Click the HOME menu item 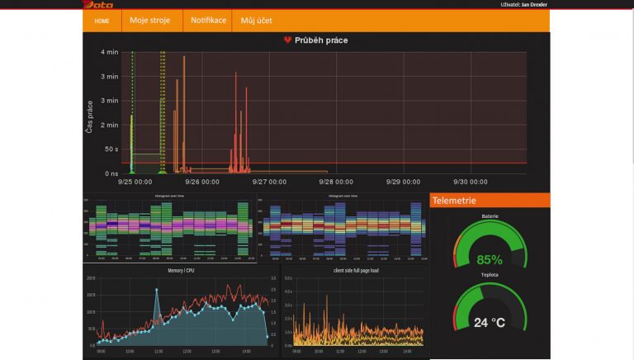click(x=102, y=21)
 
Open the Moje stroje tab click(x=149, y=20)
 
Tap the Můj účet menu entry click(x=256, y=20)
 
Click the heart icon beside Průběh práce click(x=287, y=40)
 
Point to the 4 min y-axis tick click(x=109, y=52)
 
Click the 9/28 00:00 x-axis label click(x=337, y=182)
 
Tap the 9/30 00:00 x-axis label click(x=471, y=182)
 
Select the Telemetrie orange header click(x=490, y=200)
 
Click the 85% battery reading click(x=490, y=259)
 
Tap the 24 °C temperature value click(x=490, y=323)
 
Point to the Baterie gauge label click(x=490, y=216)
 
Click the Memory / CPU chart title click(x=181, y=270)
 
